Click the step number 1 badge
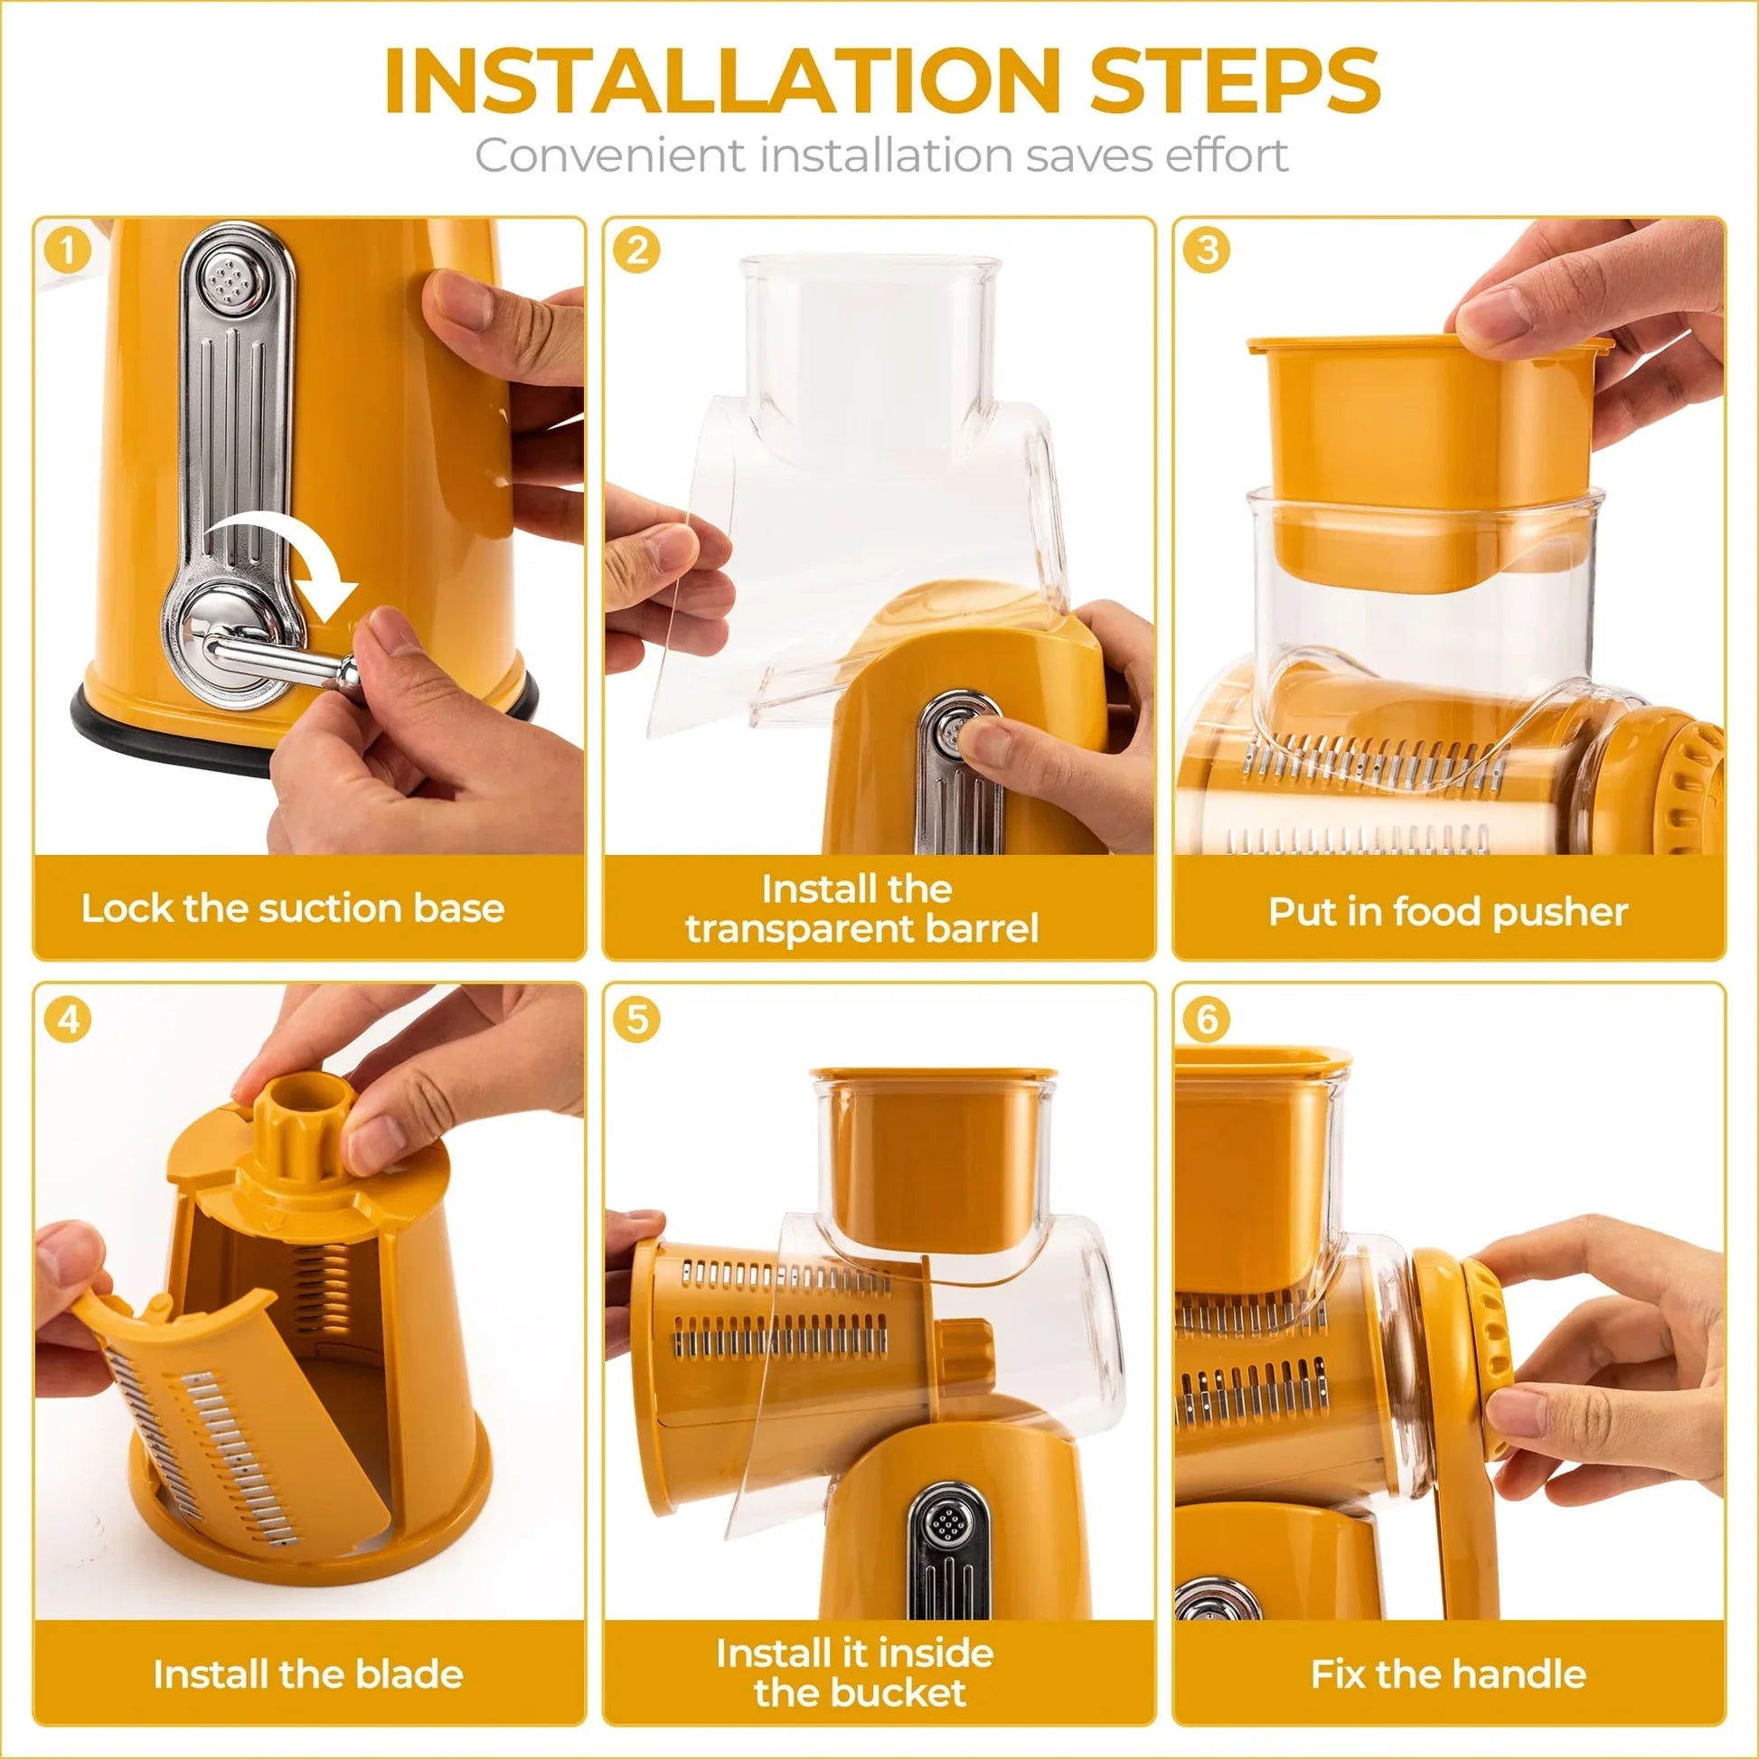(68, 249)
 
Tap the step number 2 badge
(636, 249)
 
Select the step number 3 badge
(1208, 249)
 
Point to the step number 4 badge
(68, 1019)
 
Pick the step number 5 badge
(636, 1019)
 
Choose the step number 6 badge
(1208, 1019)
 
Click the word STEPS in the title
(1235, 82)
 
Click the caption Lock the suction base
(292, 908)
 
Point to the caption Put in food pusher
(1448, 911)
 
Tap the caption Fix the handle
(1448, 1674)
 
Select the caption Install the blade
(307, 1674)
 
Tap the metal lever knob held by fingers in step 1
(347, 672)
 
